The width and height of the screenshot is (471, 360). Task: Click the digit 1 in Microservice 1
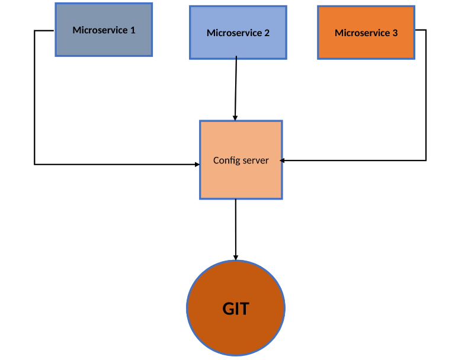pos(133,30)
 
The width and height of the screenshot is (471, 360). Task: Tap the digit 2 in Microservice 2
pos(267,33)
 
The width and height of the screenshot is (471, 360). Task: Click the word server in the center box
pos(256,160)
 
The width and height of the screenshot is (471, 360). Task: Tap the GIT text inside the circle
pos(236,308)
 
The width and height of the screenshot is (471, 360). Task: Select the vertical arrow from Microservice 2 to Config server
pos(236,89)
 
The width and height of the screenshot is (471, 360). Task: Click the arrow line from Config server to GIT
pos(236,228)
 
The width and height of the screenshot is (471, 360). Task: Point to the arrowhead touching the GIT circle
pos(236,257)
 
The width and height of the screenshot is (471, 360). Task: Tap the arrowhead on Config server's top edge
pos(235,118)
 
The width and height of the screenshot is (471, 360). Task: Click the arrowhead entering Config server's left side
pos(197,164)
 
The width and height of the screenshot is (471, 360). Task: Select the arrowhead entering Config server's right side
pos(283,160)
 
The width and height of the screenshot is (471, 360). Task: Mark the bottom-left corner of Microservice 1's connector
pos(35,164)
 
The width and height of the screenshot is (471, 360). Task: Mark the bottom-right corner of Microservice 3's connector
pos(425,160)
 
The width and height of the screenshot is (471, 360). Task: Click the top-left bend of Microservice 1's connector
pos(35,30)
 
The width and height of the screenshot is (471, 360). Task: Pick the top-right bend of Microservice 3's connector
pos(425,30)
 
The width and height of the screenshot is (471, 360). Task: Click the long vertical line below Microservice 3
pos(425,95)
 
